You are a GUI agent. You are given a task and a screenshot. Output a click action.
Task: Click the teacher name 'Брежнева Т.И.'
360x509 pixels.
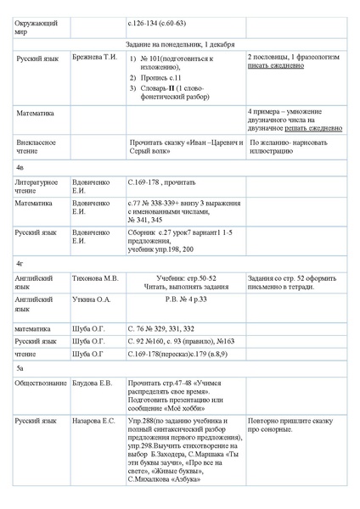(x=98, y=58)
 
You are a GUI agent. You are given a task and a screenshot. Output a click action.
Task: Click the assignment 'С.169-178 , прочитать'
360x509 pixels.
(x=161, y=182)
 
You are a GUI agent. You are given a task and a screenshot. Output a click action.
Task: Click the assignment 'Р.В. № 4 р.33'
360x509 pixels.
(x=186, y=299)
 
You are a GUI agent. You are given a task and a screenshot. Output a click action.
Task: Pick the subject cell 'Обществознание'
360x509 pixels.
(x=41, y=383)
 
